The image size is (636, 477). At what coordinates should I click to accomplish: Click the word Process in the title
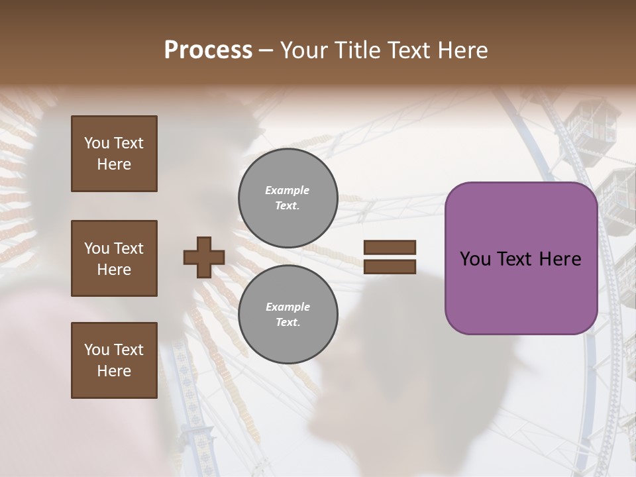tap(208, 50)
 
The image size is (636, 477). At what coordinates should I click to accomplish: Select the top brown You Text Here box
tap(114, 154)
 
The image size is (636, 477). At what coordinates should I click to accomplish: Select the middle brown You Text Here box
tap(114, 258)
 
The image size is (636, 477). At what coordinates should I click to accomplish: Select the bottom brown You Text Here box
tap(114, 360)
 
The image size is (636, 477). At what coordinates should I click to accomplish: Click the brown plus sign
tap(204, 257)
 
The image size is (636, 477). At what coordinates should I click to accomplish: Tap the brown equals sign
tap(390, 257)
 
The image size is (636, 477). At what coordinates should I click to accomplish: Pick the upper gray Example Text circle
tap(288, 198)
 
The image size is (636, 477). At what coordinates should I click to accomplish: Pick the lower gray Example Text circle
tap(288, 315)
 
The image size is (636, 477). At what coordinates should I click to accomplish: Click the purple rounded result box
tap(521, 258)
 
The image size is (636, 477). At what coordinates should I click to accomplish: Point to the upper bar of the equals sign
tap(390, 248)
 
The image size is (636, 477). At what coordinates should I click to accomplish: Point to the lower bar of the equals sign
tap(390, 266)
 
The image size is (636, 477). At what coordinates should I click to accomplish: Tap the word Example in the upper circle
tap(288, 190)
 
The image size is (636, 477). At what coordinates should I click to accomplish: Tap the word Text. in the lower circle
tap(288, 323)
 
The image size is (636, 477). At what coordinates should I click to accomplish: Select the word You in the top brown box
tap(97, 143)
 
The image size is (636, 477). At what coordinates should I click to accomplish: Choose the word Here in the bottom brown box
tap(114, 371)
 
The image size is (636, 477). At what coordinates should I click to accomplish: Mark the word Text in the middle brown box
tap(129, 248)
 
